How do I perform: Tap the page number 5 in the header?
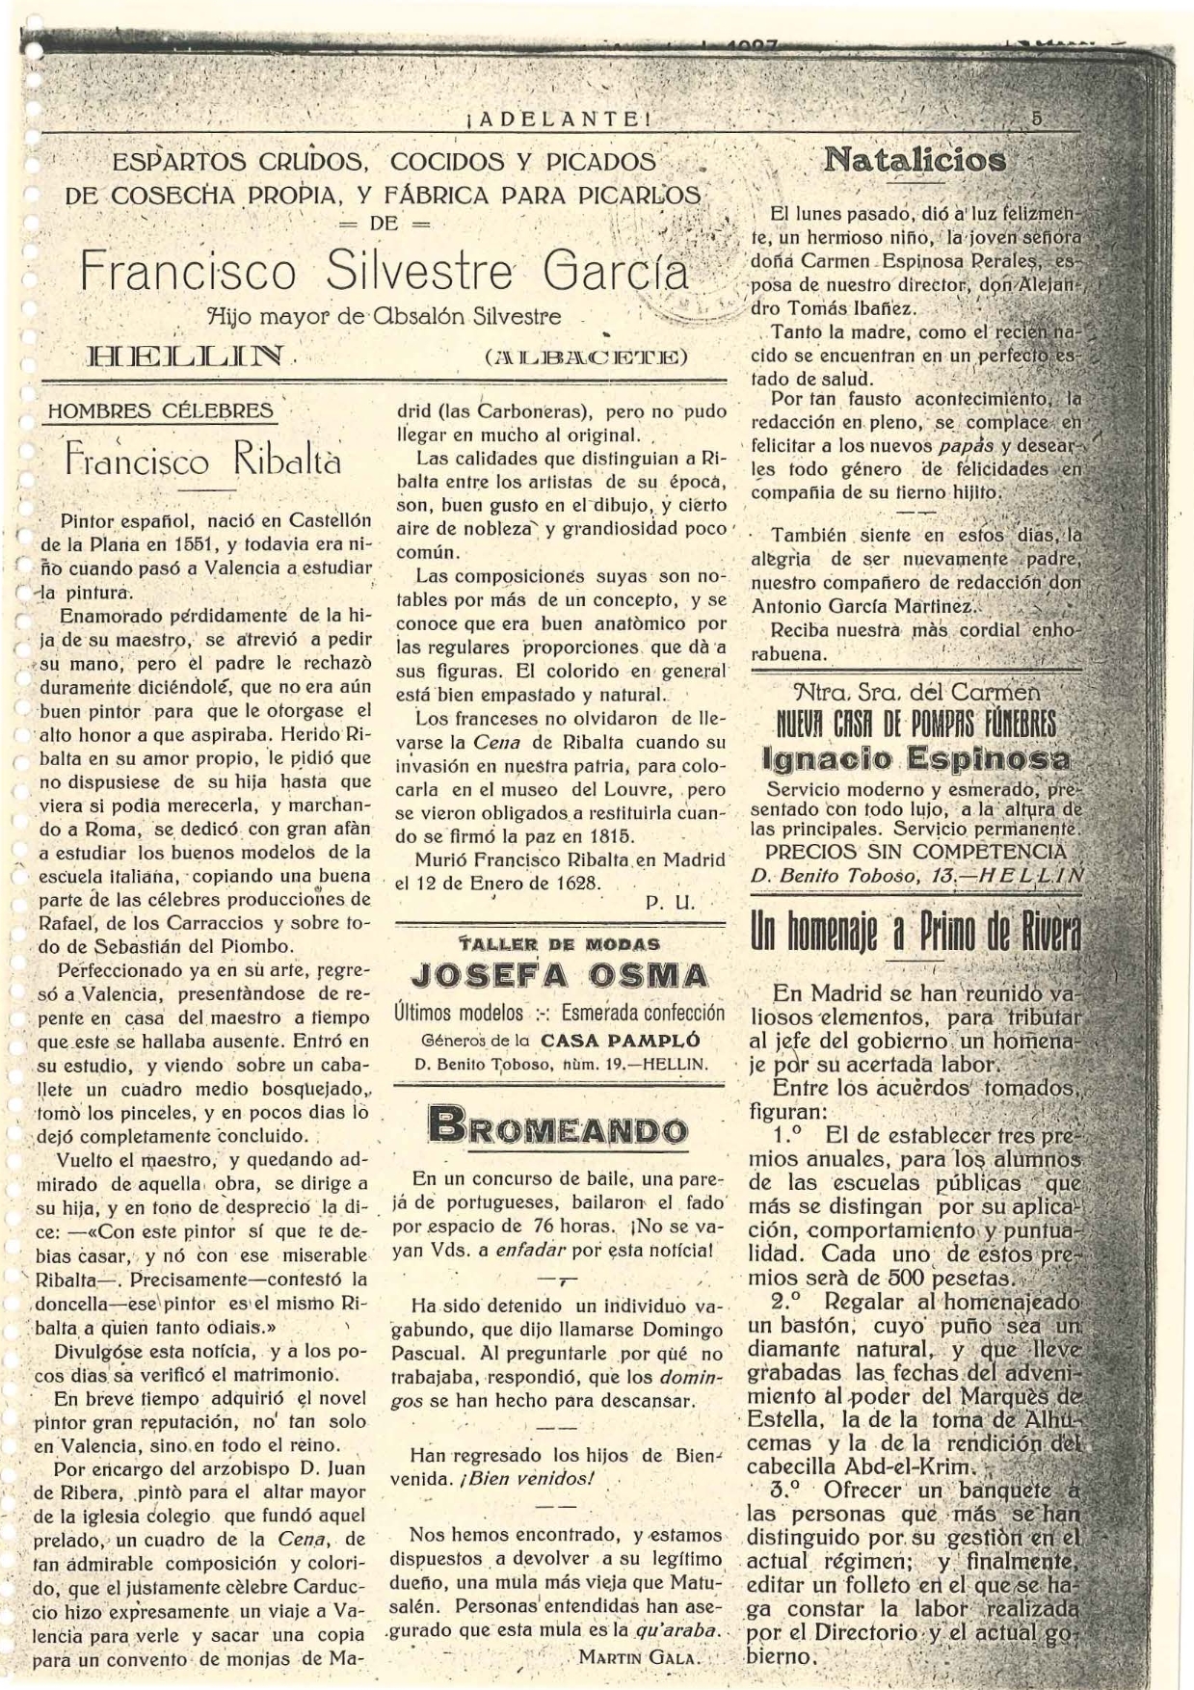(x=1037, y=119)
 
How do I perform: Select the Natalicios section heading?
(x=914, y=160)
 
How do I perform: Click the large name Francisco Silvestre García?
(x=385, y=271)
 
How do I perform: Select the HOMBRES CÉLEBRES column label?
(x=160, y=410)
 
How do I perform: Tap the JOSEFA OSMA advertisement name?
(x=559, y=975)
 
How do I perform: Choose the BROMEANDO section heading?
(x=558, y=1128)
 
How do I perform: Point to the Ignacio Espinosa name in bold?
(x=915, y=757)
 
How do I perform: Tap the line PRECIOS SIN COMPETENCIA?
(x=915, y=852)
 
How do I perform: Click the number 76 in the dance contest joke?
(x=546, y=1227)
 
